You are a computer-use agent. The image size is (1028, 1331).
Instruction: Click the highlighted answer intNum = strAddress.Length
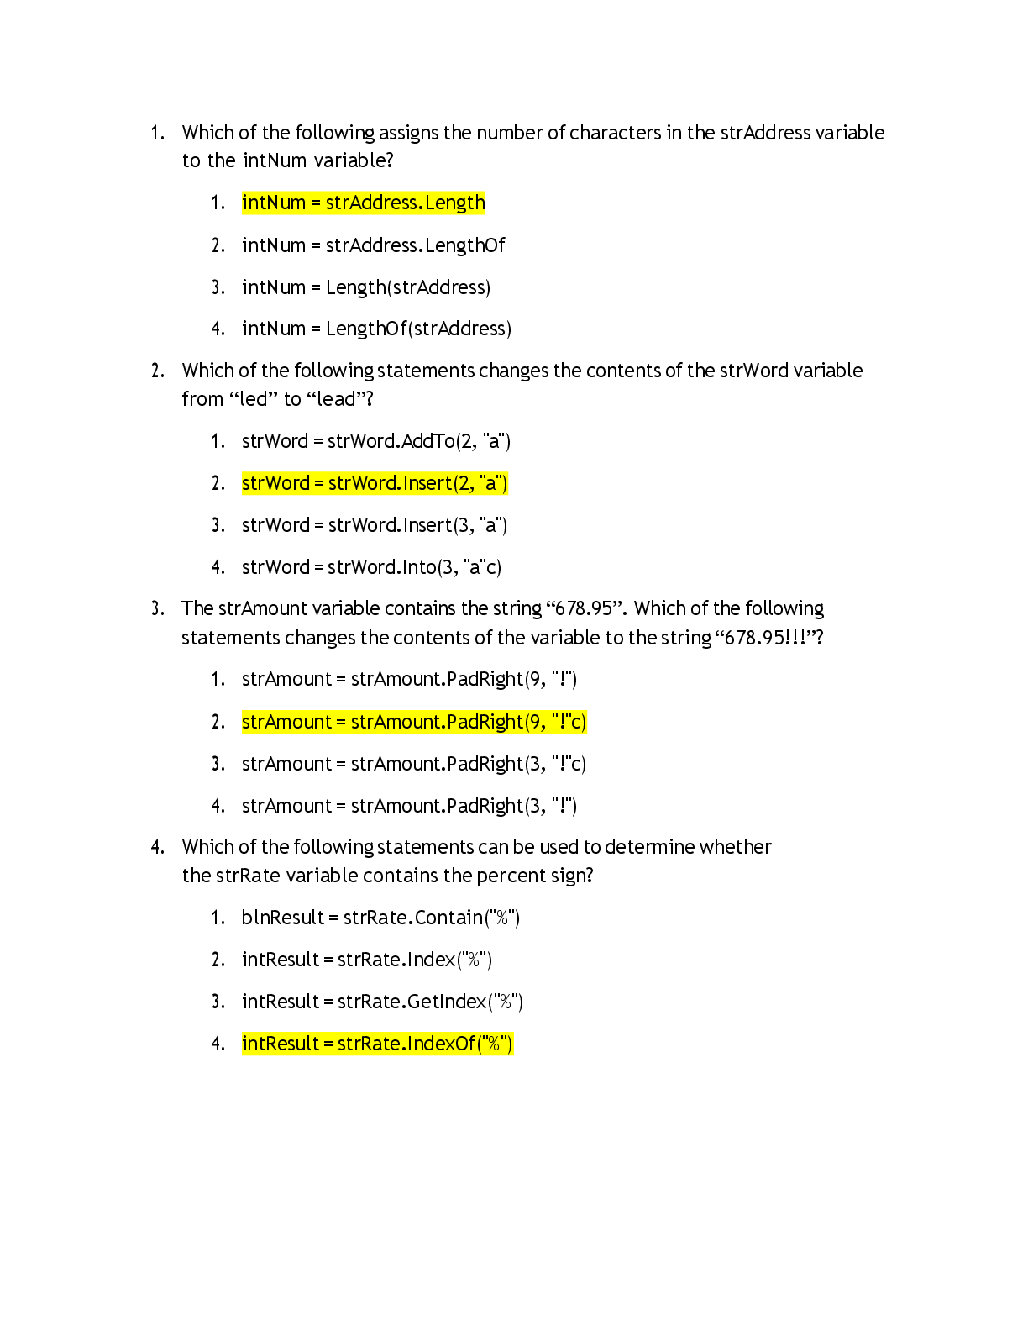point(363,203)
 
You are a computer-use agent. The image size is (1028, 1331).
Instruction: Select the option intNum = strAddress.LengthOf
point(374,245)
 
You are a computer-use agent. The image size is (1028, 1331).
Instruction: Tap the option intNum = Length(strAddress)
point(366,287)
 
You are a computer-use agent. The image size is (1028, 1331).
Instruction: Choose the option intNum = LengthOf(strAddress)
point(376,329)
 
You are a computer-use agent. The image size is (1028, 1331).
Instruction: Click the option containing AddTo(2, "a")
point(376,441)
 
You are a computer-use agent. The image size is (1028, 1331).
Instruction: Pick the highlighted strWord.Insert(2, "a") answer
point(375,483)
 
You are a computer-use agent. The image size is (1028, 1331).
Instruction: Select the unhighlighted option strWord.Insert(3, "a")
point(375,525)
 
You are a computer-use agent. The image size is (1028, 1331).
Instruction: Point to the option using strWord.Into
point(372,567)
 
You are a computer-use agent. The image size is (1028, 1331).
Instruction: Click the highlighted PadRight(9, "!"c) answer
point(414,722)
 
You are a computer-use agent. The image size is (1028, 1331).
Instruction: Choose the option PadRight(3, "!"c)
point(414,764)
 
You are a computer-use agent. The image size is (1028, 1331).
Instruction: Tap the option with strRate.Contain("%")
point(380,918)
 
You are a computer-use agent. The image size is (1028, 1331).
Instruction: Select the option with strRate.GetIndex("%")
point(383,1002)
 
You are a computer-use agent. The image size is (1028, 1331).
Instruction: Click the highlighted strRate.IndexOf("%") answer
point(378,1043)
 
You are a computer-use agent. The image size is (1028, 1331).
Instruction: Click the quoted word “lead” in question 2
point(335,399)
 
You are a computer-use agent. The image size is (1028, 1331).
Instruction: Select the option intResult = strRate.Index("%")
point(367,960)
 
